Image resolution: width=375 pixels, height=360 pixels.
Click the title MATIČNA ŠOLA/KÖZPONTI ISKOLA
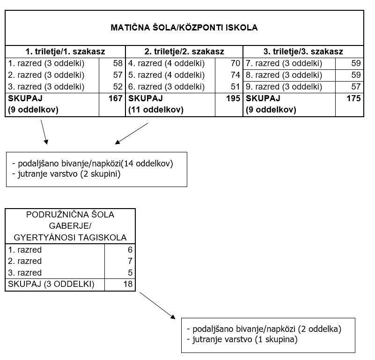184,28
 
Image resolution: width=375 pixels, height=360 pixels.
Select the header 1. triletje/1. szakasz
65,52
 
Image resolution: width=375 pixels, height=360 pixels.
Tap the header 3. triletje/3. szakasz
303,52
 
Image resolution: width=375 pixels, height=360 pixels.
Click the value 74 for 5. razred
235,75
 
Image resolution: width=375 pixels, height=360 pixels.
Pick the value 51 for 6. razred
235,87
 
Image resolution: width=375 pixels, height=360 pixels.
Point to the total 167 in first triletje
116,98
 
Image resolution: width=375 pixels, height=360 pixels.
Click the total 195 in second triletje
233,98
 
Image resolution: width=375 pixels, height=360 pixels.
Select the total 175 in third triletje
354,98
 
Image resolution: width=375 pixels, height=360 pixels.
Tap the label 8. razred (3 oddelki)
284,75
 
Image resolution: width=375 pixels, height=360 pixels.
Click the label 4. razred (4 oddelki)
167,63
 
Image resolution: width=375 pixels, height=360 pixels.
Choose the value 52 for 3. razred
118,87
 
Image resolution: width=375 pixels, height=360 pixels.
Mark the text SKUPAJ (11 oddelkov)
156,104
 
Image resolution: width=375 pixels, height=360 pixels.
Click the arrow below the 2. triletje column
132,134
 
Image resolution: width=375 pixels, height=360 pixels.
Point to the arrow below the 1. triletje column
44,132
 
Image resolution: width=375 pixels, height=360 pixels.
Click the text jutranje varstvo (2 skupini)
69,174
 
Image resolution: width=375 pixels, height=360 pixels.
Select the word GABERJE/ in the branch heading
70,226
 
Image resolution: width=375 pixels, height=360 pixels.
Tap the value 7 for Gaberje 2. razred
130,261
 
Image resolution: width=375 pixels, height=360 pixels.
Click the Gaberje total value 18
128,284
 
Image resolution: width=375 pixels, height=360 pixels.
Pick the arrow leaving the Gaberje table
158,306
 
